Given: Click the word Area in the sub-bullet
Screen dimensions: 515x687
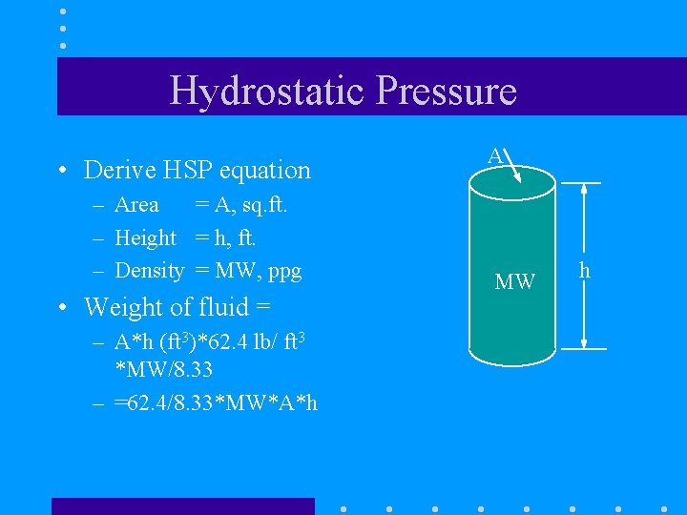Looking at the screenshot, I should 136,204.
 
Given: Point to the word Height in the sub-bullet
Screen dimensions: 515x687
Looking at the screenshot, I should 145,237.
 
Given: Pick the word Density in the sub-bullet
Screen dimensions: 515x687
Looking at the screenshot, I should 149,271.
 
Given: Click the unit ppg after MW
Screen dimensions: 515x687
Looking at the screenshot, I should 283,272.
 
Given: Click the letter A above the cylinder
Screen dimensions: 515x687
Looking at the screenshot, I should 494,155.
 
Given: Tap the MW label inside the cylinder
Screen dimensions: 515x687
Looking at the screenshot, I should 514,282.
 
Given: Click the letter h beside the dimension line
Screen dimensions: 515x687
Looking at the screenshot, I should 585,271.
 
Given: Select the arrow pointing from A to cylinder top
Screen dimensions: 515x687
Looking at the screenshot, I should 513,164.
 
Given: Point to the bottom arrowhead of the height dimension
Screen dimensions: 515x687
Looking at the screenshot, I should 582,342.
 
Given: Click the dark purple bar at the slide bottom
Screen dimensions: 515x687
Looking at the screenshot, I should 182,505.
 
